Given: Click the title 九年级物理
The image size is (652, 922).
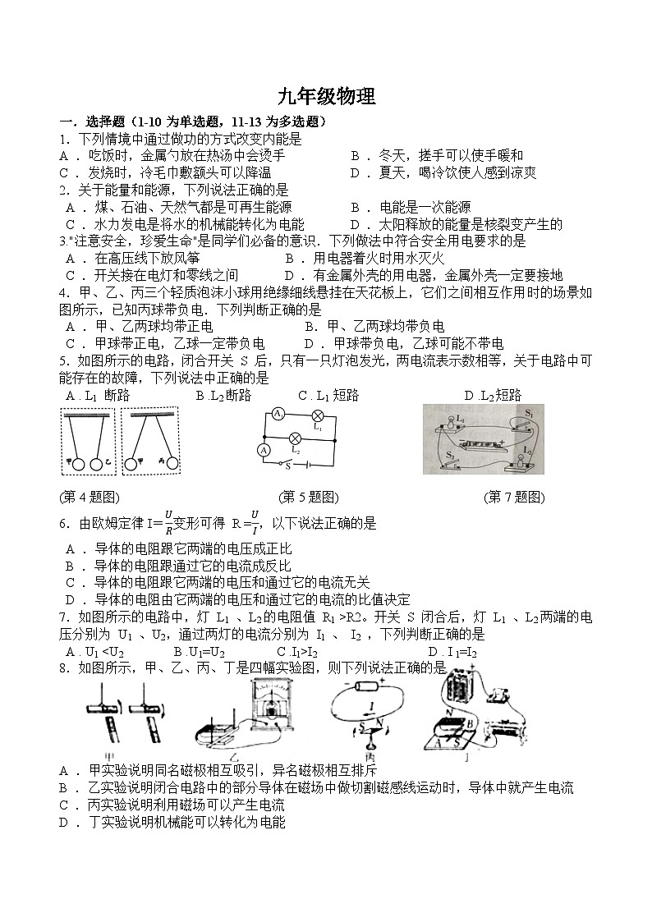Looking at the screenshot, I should pos(326,97).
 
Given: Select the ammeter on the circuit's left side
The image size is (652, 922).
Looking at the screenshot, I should pos(264,450).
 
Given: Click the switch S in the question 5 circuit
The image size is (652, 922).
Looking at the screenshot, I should pos(289,465).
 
